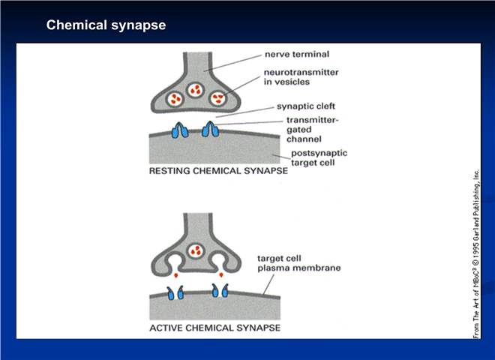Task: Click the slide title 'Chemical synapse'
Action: click(106, 25)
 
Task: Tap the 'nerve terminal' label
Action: click(297, 54)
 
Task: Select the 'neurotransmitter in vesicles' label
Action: click(301, 77)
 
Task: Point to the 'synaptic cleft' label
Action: click(305, 106)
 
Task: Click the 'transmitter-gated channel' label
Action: click(312, 130)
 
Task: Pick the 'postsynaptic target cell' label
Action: click(319, 158)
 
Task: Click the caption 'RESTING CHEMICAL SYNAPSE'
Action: click(218, 171)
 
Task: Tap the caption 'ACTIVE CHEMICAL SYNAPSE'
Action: click(215, 328)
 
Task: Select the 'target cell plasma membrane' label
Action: click(298, 263)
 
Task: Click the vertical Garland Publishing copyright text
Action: click(476, 254)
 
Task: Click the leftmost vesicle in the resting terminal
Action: click(174, 99)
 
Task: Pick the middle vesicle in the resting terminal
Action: click(195, 90)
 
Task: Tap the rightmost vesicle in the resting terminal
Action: click(217, 98)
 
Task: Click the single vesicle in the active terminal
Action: click(196, 251)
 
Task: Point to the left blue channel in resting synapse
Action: click(180, 130)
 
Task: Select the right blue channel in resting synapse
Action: click(210, 129)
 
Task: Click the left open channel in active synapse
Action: click(175, 292)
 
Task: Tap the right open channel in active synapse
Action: click(220, 290)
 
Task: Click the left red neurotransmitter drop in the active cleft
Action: click(175, 275)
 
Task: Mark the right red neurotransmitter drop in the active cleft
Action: click(221, 275)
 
